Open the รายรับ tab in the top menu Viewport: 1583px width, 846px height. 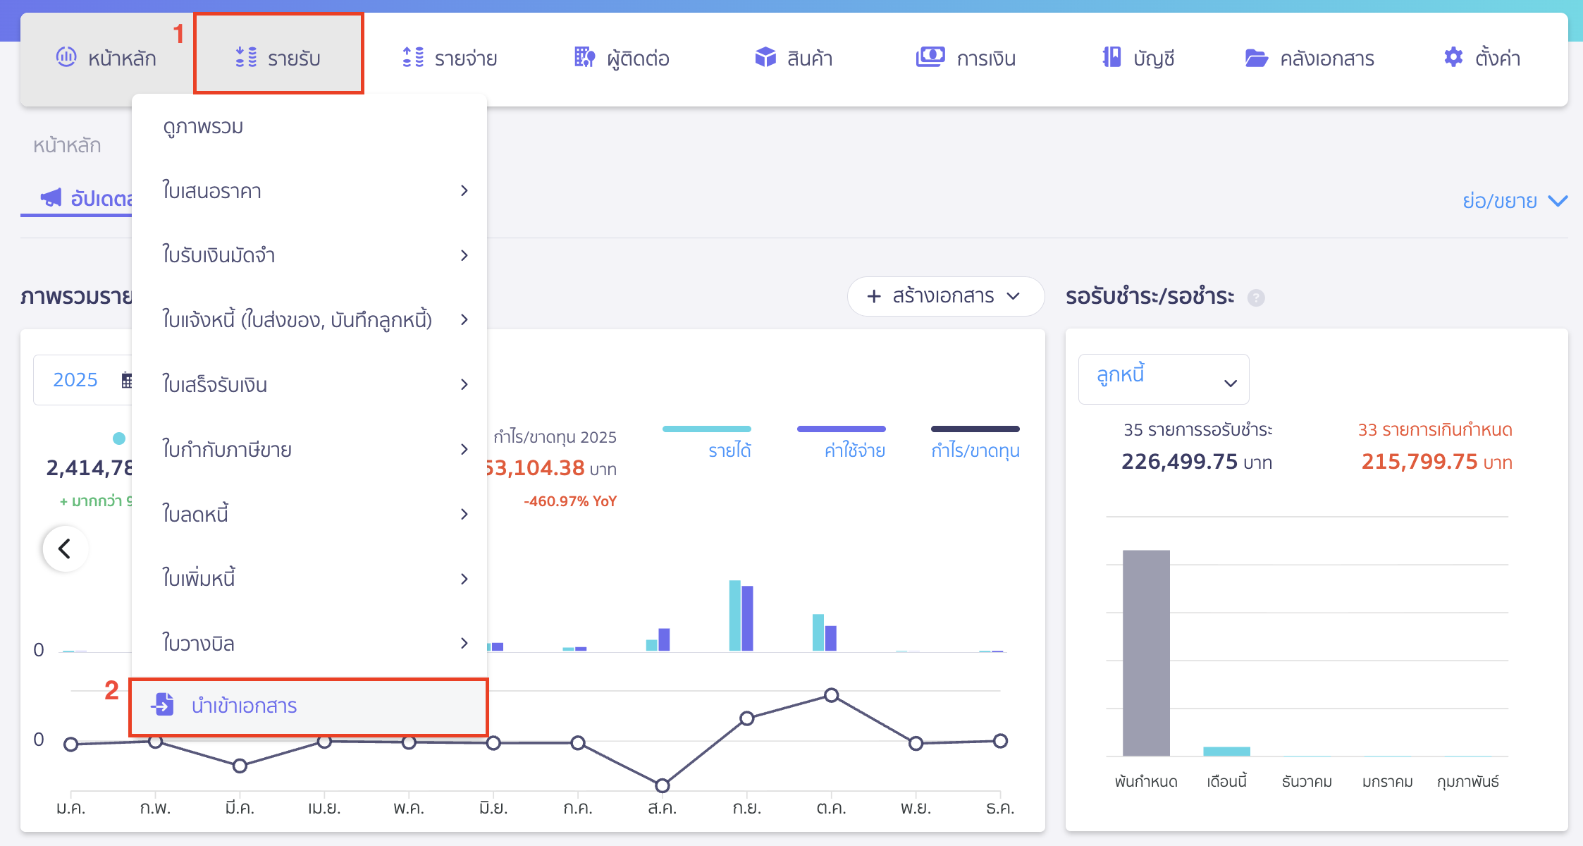tap(279, 58)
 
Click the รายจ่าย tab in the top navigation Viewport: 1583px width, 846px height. tap(450, 58)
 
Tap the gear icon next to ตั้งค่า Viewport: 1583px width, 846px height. tap(1453, 57)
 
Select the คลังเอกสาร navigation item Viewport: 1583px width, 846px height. tap(1310, 58)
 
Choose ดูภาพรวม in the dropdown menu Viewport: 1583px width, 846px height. tap(203, 127)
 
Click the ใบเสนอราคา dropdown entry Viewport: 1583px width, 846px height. tap(211, 191)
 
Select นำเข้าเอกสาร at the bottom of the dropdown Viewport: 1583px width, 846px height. tap(244, 706)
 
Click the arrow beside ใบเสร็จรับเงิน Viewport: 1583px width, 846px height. tap(464, 384)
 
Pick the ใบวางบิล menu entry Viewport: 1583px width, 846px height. tap(198, 643)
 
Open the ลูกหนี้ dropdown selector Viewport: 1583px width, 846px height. tap(1163, 379)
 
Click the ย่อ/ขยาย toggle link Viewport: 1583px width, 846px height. tap(1514, 201)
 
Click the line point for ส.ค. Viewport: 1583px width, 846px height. tap(662, 785)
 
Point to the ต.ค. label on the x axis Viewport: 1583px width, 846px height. tap(831, 808)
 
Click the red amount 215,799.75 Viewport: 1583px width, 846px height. tap(1419, 462)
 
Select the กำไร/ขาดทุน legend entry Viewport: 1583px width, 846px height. tap(975, 450)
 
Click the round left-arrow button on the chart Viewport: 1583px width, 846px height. tap(65, 548)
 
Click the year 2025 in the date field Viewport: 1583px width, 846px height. tap(75, 380)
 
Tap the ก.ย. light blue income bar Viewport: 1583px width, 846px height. tap(734, 615)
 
